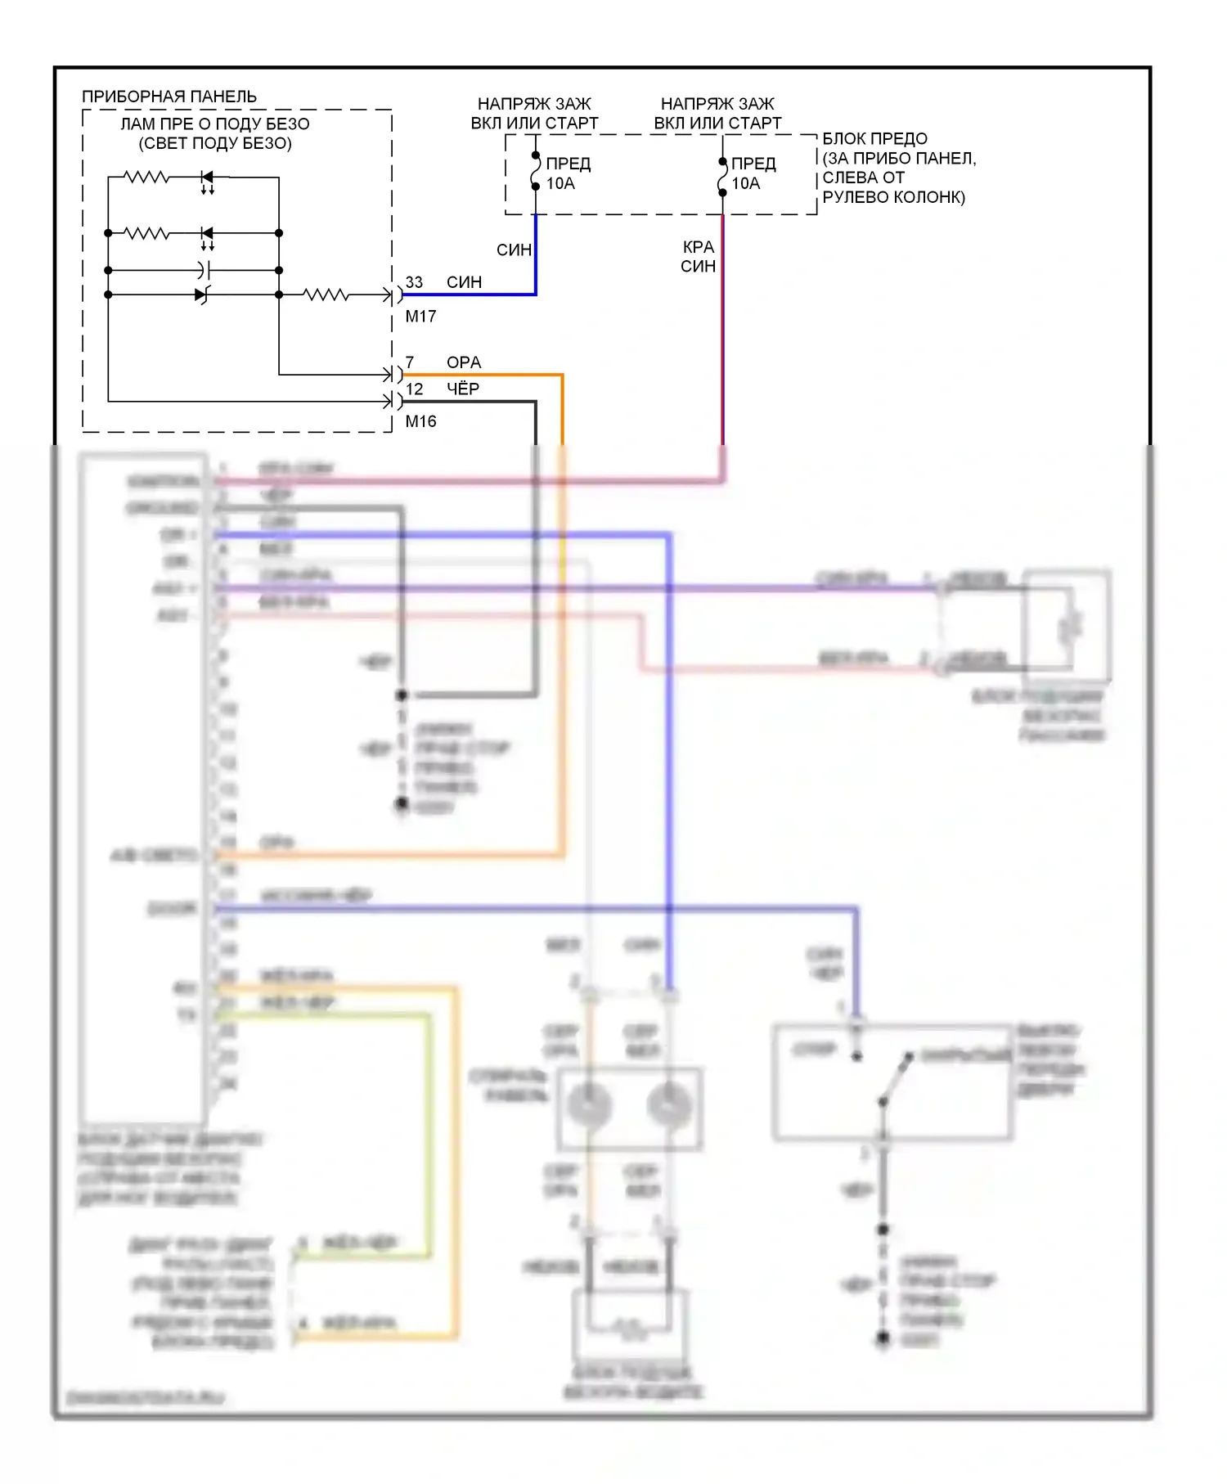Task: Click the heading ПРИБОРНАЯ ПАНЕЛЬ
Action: click(x=169, y=97)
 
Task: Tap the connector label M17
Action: click(x=420, y=316)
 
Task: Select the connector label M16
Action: click(x=420, y=421)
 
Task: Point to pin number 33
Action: click(x=414, y=282)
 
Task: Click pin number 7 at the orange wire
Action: click(x=410, y=362)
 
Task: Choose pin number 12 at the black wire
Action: click(x=415, y=389)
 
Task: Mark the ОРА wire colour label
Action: click(x=464, y=362)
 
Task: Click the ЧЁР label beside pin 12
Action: click(x=463, y=389)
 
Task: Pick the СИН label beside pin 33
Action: click(x=464, y=282)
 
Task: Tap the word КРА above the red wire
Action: click(x=699, y=247)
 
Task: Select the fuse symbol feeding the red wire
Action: click(x=722, y=177)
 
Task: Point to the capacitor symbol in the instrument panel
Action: click(x=204, y=269)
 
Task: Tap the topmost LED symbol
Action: click(x=207, y=178)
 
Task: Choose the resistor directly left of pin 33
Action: click(x=326, y=295)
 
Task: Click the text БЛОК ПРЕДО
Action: click(x=874, y=139)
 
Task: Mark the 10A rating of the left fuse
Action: click(x=560, y=184)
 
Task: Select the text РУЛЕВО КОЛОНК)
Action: click(x=893, y=197)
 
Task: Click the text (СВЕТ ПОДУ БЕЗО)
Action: click(x=215, y=143)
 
